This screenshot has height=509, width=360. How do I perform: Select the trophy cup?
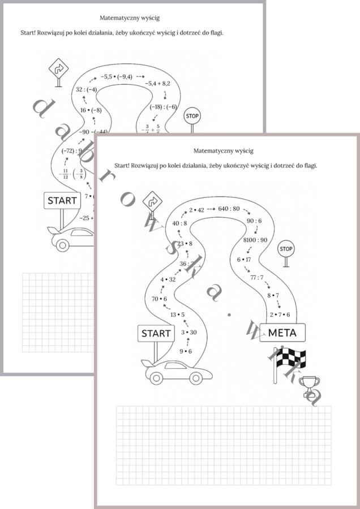309,386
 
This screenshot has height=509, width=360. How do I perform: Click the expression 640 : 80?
229,209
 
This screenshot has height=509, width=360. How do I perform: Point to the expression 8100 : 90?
255,240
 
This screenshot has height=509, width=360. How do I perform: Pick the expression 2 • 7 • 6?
280,314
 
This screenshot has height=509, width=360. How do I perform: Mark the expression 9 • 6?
186,351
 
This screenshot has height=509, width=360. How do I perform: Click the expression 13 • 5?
178,314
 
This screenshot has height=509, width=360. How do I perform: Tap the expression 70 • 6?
160,298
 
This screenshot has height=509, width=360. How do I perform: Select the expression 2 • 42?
196,209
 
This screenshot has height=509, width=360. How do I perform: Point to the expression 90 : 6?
254,221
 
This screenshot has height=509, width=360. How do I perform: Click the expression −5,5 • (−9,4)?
116,76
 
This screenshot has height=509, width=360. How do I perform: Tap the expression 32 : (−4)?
87,89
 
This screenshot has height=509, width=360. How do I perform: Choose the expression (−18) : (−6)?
163,106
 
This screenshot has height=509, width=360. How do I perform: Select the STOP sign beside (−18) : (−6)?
192,117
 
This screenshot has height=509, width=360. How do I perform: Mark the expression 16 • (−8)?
91,110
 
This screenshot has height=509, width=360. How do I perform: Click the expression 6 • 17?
244,260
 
